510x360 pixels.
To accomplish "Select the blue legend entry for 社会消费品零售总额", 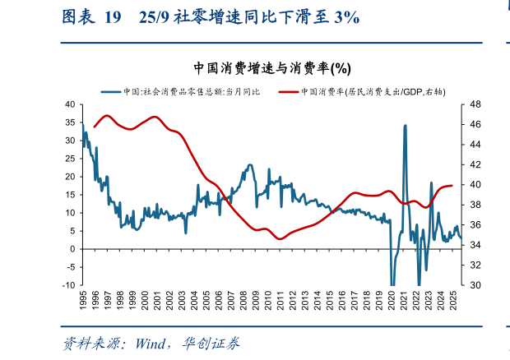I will [x=180, y=91].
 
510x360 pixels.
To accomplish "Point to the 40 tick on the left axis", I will [x=70, y=104].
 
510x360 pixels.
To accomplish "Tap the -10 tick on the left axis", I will [x=68, y=285].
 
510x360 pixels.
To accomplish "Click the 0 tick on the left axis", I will [x=72, y=249].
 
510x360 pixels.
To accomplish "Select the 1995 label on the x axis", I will [x=83, y=299].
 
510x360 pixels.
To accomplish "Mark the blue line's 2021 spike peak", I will [x=405, y=126].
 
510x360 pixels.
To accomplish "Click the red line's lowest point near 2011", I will [x=280, y=238].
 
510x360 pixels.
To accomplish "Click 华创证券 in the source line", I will [x=216, y=343].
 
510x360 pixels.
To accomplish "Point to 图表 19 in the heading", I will [x=90, y=17].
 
